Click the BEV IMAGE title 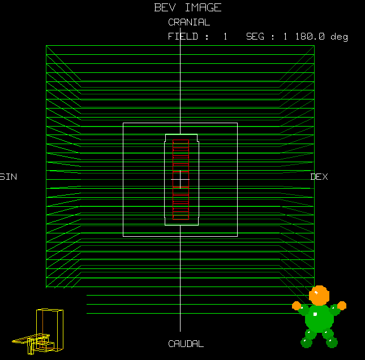point(188,8)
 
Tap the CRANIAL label point(189,22)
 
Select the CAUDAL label point(186,344)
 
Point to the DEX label point(319,177)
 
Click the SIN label point(8,177)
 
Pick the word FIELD point(183,37)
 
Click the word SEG point(255,37)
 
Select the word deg point(339,37)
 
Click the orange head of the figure point(319,296)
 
